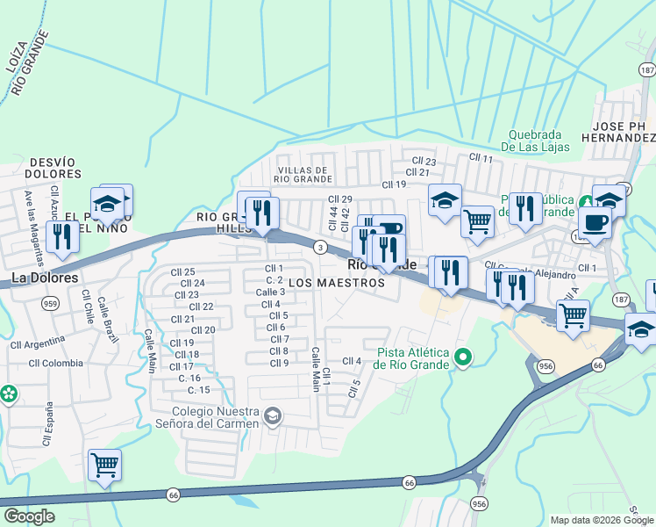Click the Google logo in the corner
point(29,516)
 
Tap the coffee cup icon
point(596,223)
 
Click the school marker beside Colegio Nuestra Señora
point(273,415)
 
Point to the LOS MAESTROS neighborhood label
point(337,284)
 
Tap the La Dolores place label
point(44,278)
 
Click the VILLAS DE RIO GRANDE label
point(303,174)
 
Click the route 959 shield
point(48,302)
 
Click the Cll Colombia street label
point(55,363)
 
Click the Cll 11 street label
point(481,157)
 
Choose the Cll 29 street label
point(339,199)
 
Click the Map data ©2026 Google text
point(601,520)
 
